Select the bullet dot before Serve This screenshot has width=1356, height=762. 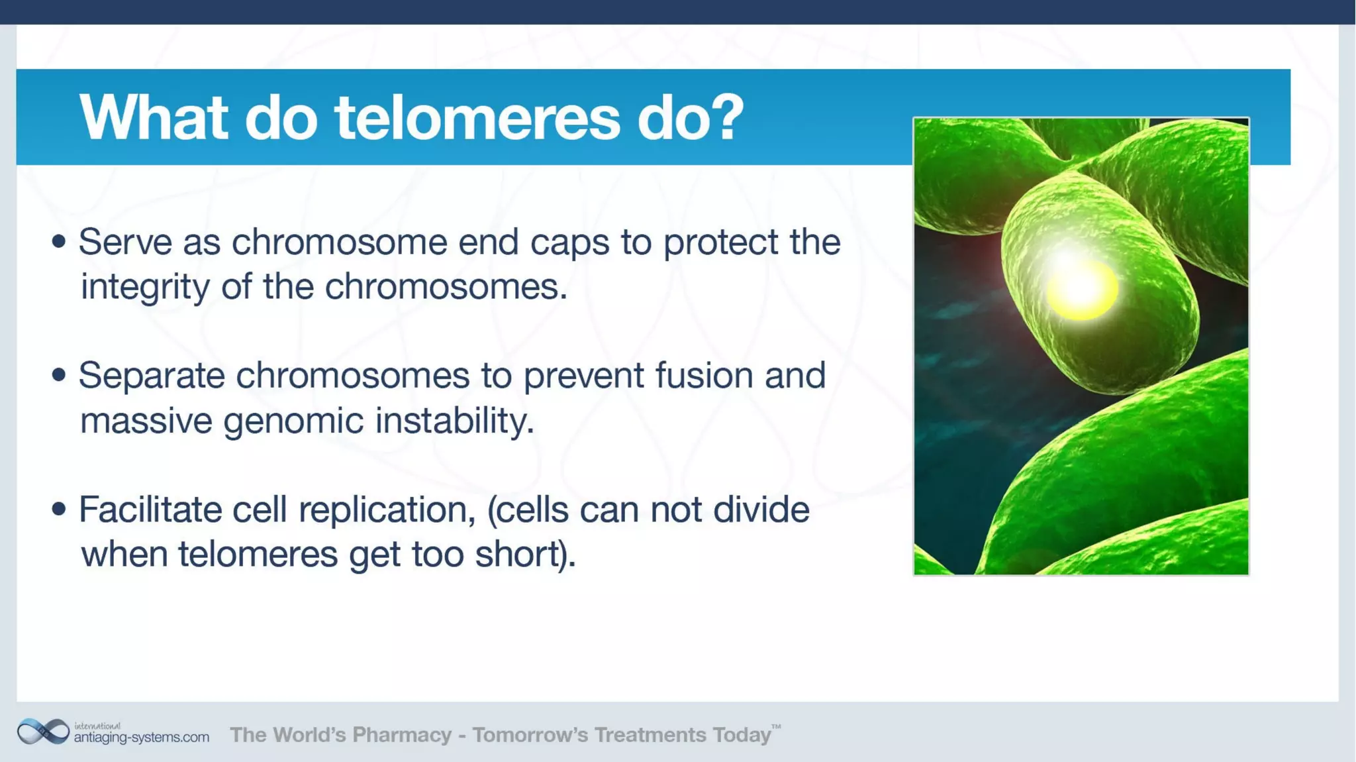click(x=59, y=241)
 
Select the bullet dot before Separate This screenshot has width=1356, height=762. click(x=59, y=375)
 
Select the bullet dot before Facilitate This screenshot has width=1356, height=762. click(x=59, y=509)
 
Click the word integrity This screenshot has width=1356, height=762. click(x=144, y=288)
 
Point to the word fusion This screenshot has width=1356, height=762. click(x=704, y=375)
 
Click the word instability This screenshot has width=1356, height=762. click(x=454, y=420)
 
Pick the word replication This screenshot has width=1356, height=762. click(x=387, y=510)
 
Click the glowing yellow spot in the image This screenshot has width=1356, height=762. click(x=1081, y=289)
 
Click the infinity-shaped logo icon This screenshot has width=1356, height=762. click(x=43, y=732)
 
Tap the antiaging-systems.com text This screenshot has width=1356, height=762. click(x=141, y=737)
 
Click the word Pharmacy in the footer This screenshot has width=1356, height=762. click(x=401, y=735)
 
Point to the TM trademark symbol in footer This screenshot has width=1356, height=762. click(x=776, y=727)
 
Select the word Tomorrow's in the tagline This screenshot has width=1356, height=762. click(x=529, y=735)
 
